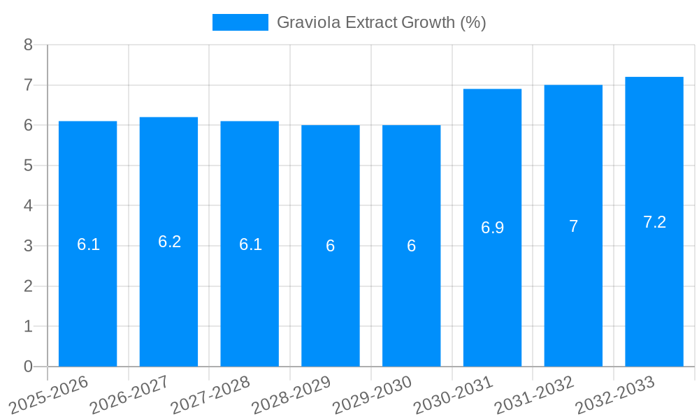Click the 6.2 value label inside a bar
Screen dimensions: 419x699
click(169, 242)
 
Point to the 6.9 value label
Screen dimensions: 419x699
click(492, 228)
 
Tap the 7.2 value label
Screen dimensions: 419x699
click(654, 222)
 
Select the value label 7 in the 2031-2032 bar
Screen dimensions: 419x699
click(573, 226)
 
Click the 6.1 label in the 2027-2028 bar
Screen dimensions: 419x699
click(250, 244)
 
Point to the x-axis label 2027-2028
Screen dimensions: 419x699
click(210, 395)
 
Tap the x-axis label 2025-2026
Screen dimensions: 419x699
click(48, 395)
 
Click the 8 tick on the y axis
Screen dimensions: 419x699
click(28, 45)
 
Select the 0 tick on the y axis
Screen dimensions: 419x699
click(28, 367)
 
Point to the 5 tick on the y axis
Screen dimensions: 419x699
click(28, 166)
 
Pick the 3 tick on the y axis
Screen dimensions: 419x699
click(28, 246)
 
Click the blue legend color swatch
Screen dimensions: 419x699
click(240, 22)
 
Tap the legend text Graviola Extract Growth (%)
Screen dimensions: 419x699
click(381, 22)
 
